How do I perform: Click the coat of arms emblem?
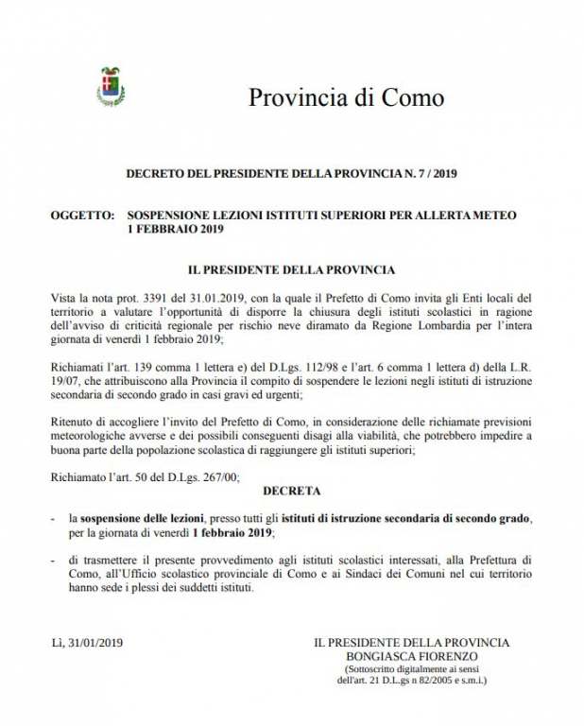click(111, 87)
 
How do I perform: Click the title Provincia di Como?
click(345, 97)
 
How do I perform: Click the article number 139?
click(144, 365)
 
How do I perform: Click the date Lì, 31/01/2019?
click(87, 643)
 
